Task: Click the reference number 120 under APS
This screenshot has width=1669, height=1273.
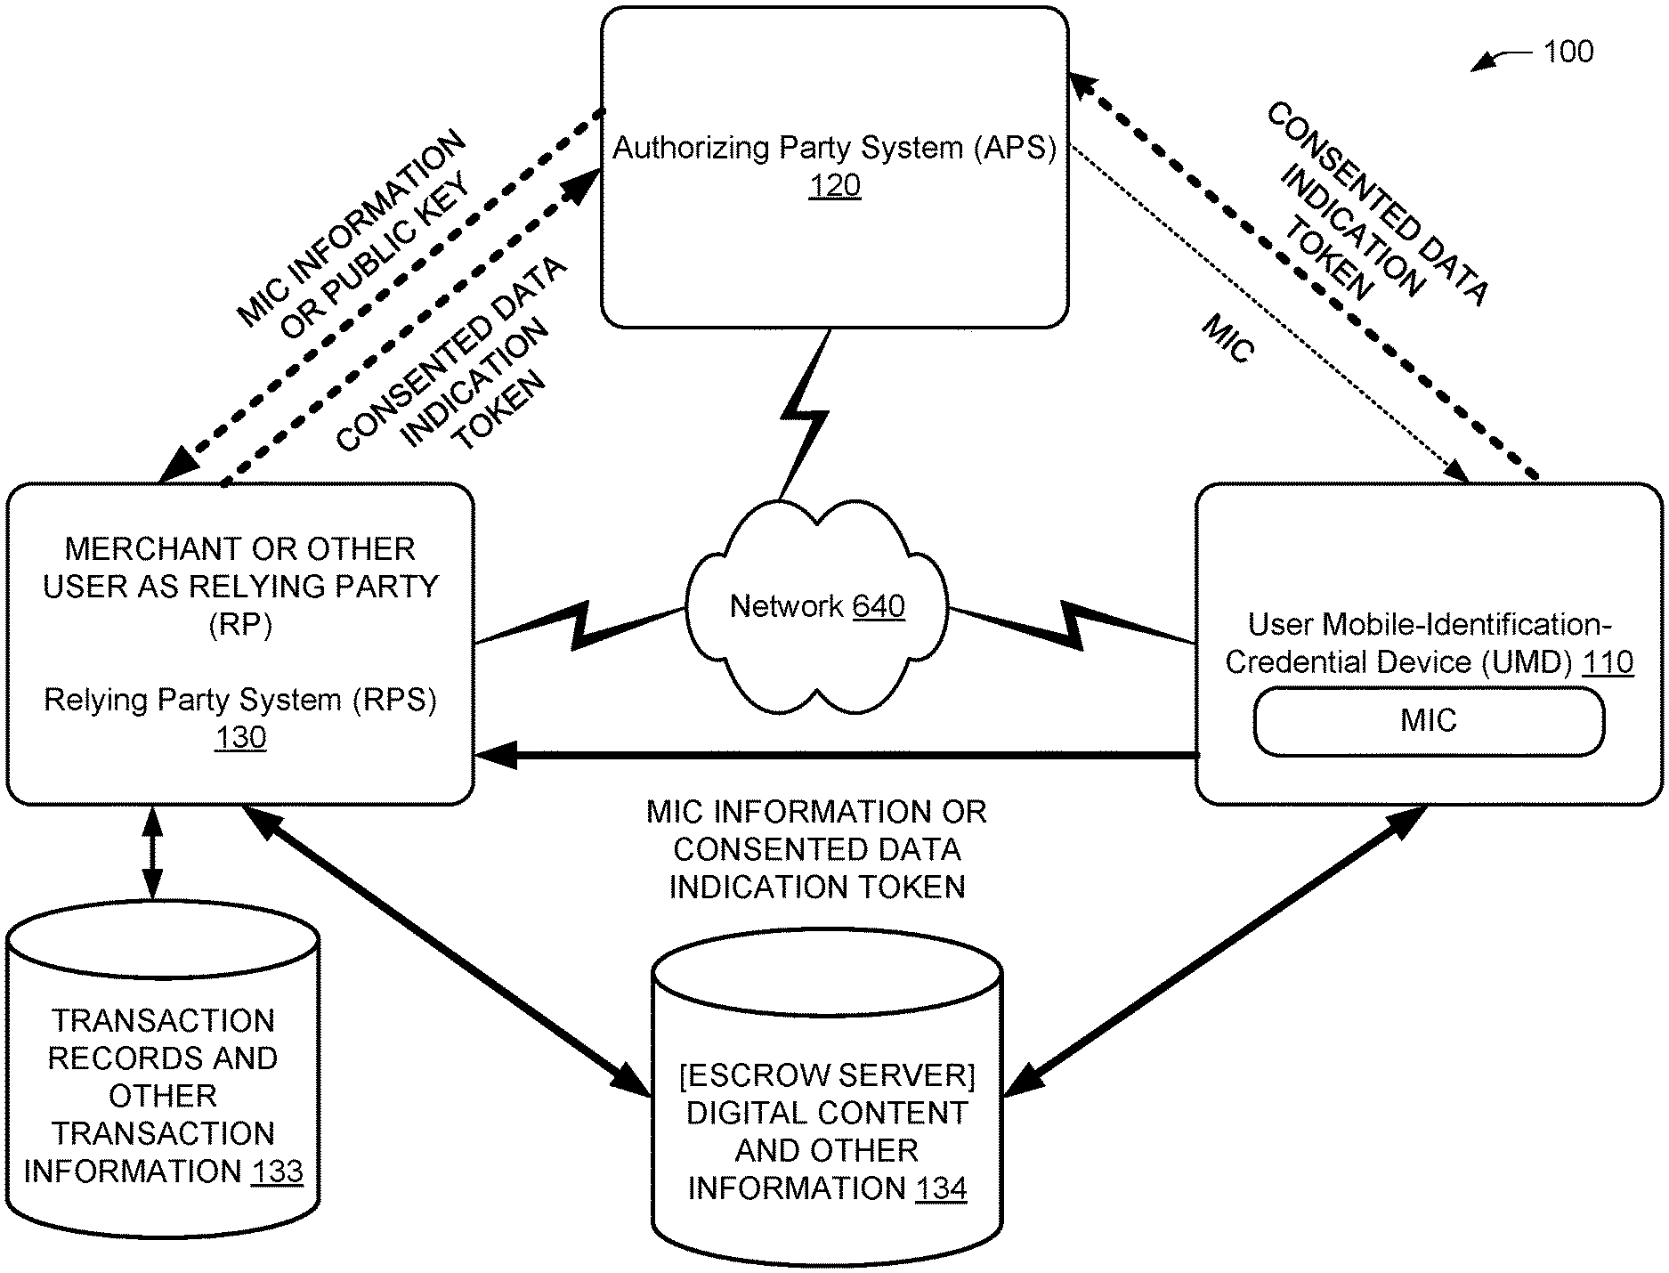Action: point(835,186)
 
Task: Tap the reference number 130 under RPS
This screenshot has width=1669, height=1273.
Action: point(240,738)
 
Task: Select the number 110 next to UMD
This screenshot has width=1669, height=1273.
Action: point(1608,662)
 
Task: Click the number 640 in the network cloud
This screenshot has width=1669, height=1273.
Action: point(879,606)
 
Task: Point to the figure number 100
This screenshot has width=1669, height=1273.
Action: point(1568,52)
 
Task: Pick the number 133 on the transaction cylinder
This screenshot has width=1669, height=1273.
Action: point(277,1171)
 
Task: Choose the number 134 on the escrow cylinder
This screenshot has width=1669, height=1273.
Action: point(941,1188)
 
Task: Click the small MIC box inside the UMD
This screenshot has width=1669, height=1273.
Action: point(1429,720)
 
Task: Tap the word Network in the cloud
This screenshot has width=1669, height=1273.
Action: point(786,606)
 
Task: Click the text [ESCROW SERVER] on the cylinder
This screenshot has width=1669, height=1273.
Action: point(827,1075)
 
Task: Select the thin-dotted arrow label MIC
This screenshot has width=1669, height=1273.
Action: point(1228,339)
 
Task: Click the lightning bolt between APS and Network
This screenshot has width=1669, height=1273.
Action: point(805,413)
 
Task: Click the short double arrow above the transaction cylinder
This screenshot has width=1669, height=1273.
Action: point(152,854)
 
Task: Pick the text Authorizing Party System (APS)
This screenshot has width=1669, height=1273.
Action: point(834,148)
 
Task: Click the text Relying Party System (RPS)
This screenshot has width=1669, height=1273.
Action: point(240,701)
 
